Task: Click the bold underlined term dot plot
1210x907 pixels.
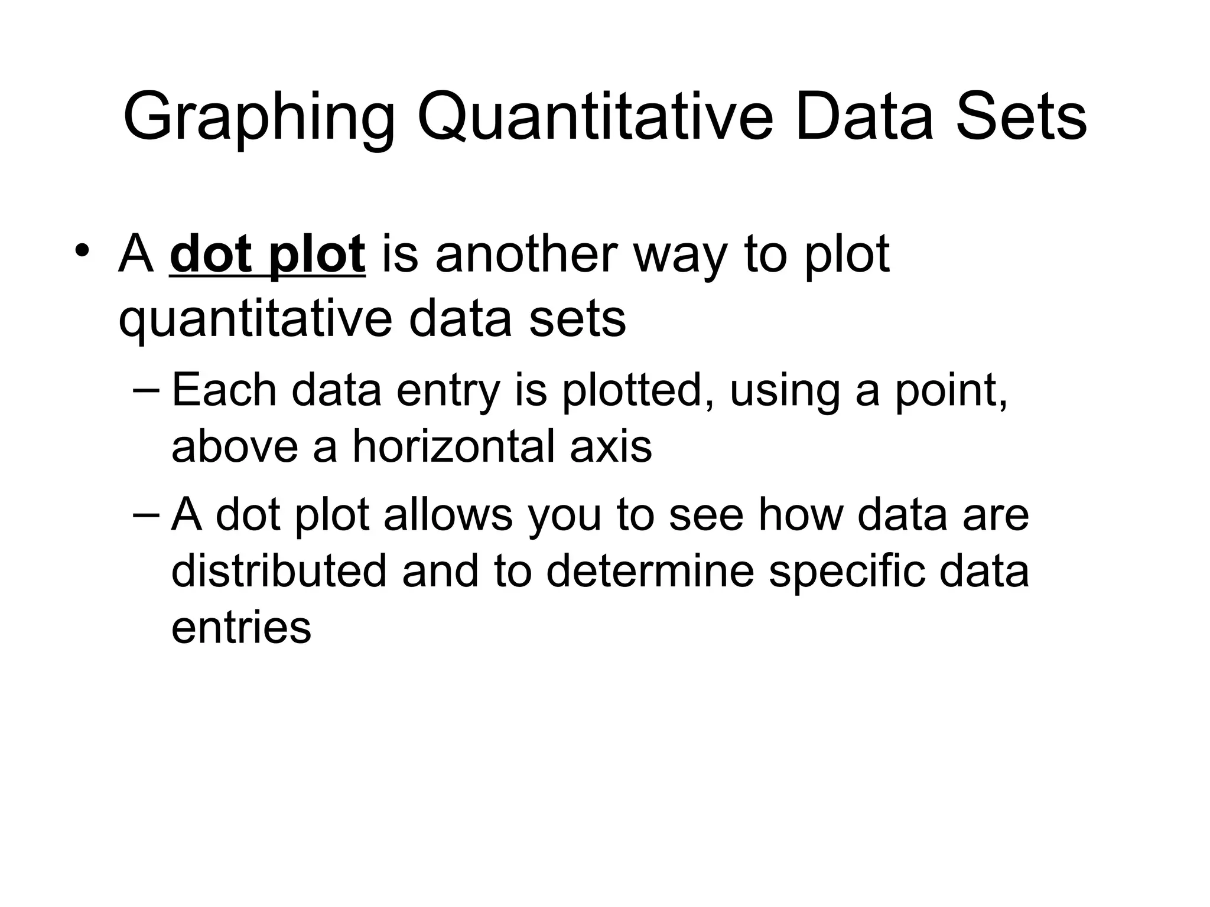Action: click(267, 255)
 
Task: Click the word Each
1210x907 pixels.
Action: click(224, 390)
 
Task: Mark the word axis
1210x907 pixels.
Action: click(611, 446)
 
